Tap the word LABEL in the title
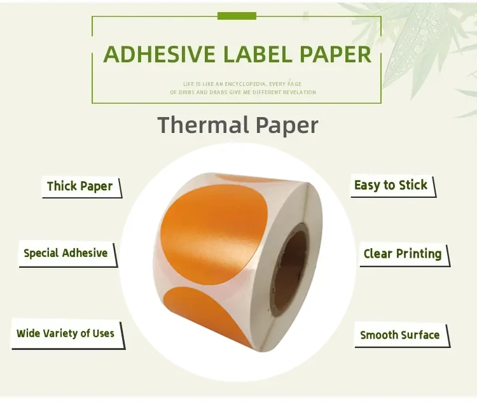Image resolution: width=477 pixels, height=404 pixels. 259,55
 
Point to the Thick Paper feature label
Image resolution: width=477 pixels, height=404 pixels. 79,186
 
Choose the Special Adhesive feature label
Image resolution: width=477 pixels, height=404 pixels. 66,253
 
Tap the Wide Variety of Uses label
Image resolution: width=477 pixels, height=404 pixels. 66,333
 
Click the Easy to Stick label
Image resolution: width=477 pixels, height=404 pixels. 391,185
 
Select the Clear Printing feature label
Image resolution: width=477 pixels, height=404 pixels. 402,254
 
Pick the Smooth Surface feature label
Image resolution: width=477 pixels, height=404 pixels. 399,335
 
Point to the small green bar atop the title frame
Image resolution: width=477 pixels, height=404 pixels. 237,15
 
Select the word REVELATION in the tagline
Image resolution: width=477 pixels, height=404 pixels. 298,93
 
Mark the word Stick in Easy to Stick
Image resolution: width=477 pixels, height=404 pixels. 413,185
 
